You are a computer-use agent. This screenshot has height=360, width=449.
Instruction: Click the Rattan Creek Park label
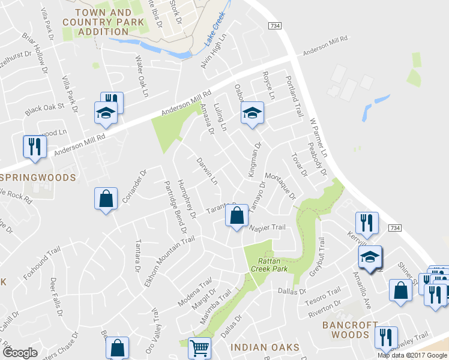(273, 265)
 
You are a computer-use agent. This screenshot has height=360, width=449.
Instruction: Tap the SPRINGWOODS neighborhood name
(38, 178)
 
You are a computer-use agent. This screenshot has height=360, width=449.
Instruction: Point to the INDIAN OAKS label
(265, 347)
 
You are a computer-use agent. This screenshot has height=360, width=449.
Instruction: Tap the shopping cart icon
(199, 347)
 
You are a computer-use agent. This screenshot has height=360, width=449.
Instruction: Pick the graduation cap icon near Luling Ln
(252, 112)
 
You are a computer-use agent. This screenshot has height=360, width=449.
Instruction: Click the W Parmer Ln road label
(318, 138)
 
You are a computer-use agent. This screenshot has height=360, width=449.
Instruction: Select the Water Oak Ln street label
(141, 77)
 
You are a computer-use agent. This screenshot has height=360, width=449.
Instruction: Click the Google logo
(20, 353)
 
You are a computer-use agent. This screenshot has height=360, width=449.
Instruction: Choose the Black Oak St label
(44, 109)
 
